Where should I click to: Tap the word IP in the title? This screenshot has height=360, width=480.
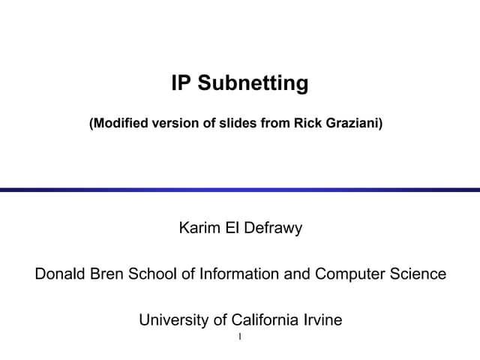tap(181, 83)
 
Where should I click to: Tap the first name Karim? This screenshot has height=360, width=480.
tap(199, 228)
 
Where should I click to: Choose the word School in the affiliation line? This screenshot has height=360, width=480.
tap(154, 274)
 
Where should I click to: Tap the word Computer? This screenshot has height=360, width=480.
tap(349, 274)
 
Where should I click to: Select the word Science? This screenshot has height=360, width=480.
tap(416, 274)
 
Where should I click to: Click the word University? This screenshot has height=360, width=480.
tap(178, 320)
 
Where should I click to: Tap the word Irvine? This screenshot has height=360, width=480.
tap(322, 320)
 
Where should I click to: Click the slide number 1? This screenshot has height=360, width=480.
tap(239, 337)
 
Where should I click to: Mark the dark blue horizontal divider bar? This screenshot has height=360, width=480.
tap(240, 190)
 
